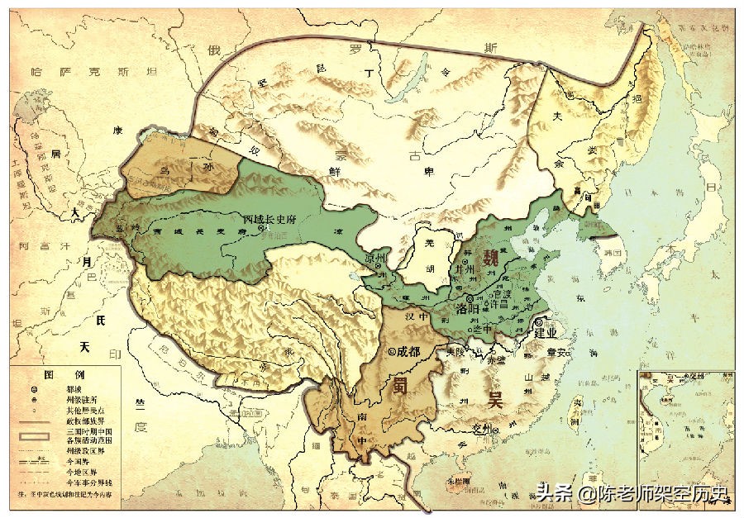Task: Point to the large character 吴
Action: tap(495, 402)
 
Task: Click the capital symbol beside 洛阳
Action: tap(470, 298)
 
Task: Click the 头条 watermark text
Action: tap(553, 493)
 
